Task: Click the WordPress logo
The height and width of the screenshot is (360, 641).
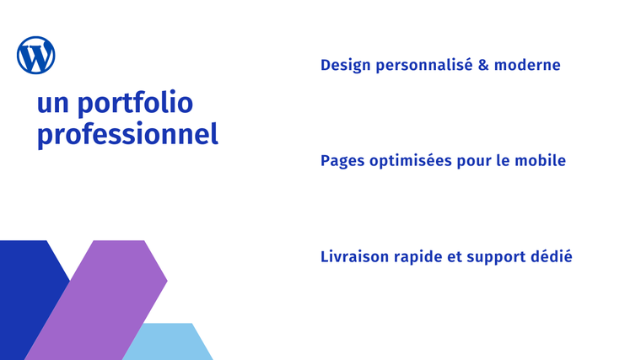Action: point(36,55)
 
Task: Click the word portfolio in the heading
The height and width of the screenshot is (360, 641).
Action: point(135,104)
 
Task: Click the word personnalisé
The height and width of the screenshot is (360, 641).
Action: point(424,66)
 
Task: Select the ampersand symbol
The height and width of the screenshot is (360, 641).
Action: point(483,65)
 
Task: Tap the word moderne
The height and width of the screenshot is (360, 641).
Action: point(527,65)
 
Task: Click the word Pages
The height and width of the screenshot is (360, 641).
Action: point(342,161)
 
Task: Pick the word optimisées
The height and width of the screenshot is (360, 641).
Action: point(411,161)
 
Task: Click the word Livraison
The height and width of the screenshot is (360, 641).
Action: point(354,256)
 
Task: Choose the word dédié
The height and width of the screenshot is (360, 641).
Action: point(551,256)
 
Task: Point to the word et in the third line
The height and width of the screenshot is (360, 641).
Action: point(454,257)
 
